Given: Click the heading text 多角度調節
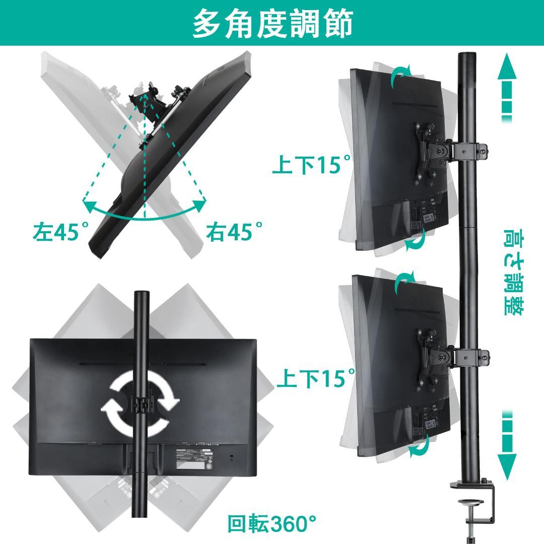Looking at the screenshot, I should coord(272,23).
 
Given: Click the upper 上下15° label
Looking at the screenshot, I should coord(311,165).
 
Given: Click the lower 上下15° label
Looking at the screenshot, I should coord(315,378).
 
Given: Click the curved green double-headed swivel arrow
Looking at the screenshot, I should coord(145,209).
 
